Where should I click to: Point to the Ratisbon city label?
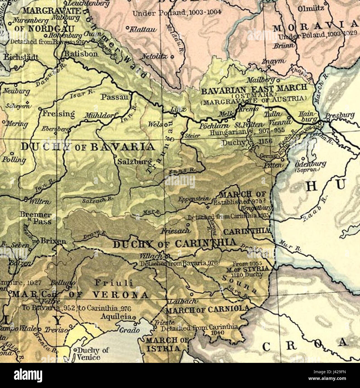(81, 54)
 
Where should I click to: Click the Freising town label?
(58, 114)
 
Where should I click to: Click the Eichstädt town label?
(21, 57)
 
